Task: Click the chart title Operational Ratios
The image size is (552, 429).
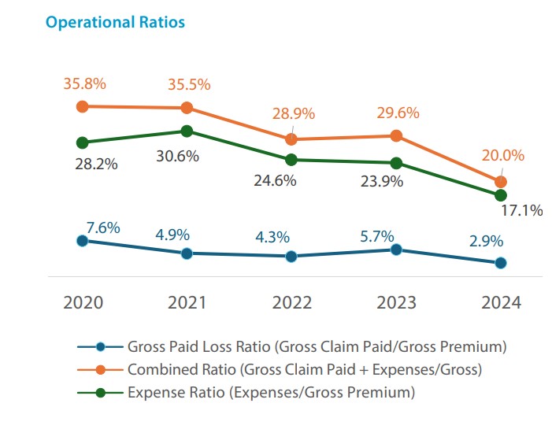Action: click(x=115, y=22)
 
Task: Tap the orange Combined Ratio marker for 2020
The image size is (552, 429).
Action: click(x=81, y=106)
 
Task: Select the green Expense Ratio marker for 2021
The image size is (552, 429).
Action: click(x=187, y=131)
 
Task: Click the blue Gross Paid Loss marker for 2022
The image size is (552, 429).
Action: click(x=291, y=256)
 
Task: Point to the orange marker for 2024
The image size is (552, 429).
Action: click(x=500, y=181)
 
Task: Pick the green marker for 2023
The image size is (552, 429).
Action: click(x=396, y=163)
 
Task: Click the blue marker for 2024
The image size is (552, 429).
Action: click(x=500, y=263)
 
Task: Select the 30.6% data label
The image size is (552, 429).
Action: click(x=176, y=156)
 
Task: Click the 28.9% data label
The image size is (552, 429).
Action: click(x=292, y=113)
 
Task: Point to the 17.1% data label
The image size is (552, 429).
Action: click(x=521, y=210)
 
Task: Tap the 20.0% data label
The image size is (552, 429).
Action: click(x=502, y=156)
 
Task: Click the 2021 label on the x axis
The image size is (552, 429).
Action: click(x=187, y=303)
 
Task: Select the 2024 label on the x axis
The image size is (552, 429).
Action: click(x=500, y=303)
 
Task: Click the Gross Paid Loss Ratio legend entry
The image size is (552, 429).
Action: click(x=315, y=346)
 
